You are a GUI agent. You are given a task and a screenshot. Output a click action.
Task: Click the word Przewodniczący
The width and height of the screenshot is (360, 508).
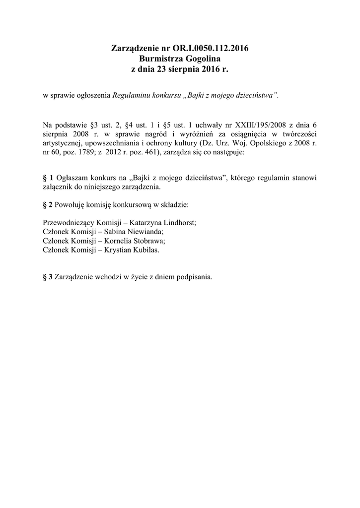coord(67,223)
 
